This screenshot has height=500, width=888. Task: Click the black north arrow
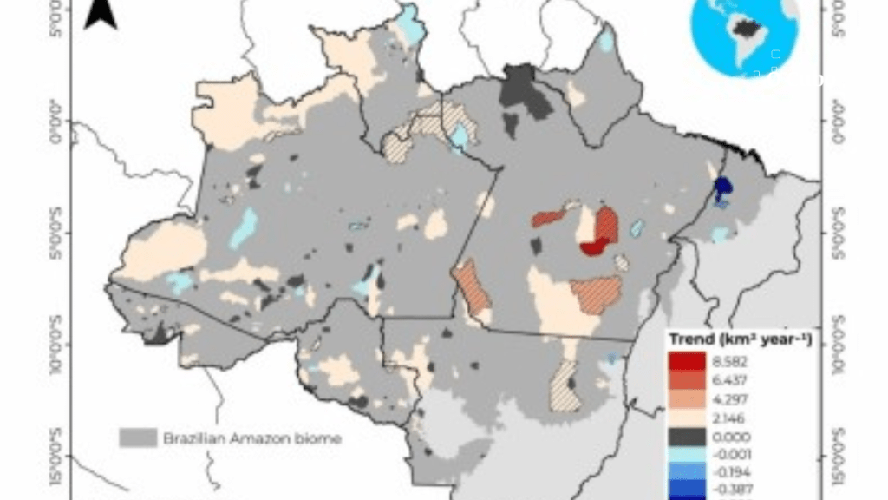(x=101, y=14)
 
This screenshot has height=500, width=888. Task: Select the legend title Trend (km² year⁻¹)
(x=740, y=339)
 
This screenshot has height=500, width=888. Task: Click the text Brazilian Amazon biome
(x=252, y=438)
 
